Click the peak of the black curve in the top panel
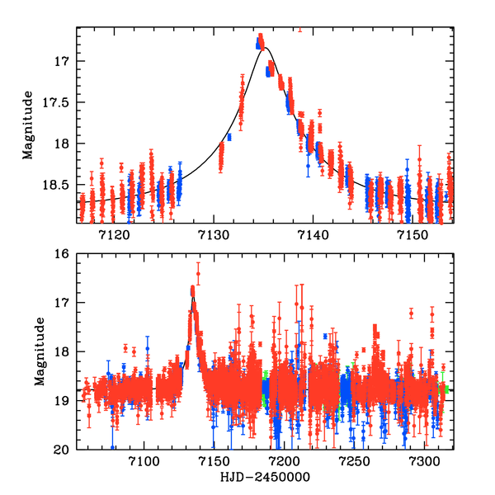[x=265, y=49]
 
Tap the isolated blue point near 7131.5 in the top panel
[x=229, y=137]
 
